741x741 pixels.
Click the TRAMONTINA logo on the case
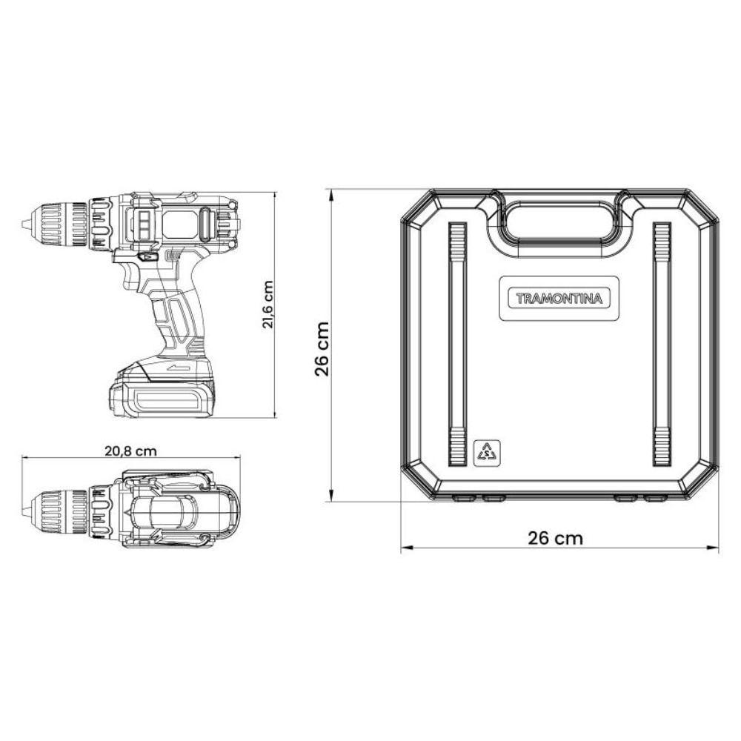tap(559, 299)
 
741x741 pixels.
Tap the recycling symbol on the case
tap(487, 451)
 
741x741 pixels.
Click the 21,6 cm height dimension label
tap(268, 305)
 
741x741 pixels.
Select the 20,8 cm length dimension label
tap(130, 450)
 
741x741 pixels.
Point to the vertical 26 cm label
tap(322, 349)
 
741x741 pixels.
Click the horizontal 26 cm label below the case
tap(555, 538)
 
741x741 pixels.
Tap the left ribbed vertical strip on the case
tap(458, 345)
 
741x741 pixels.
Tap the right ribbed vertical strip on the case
tap(662, 345)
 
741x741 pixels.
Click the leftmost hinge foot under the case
tap(464, 499)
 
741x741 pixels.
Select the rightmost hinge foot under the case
tap(655, 499)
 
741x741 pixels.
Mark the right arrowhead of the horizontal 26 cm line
tap(715, 549)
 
